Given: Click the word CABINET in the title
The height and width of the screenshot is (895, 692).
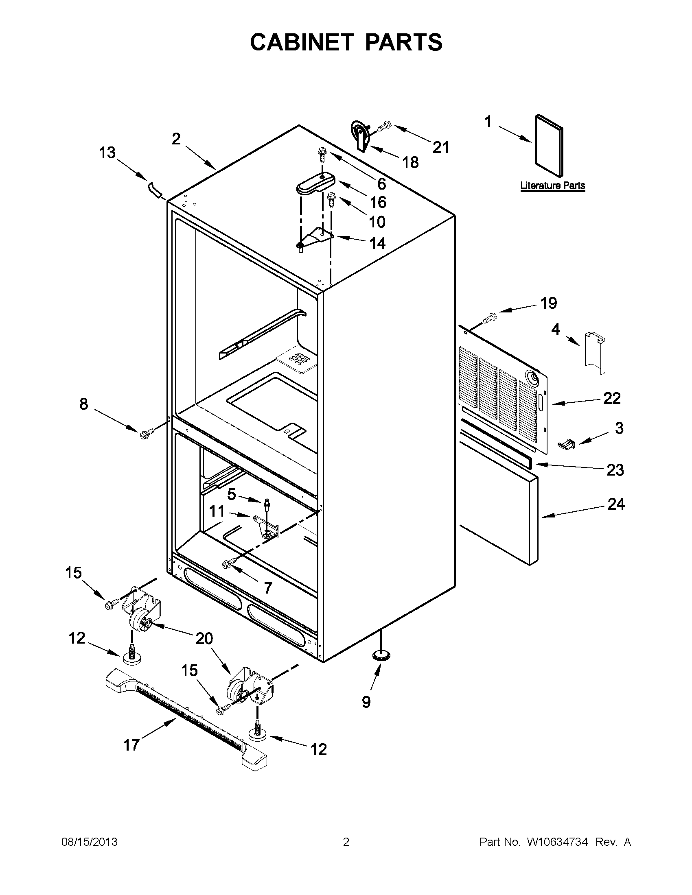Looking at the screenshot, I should point(302,42).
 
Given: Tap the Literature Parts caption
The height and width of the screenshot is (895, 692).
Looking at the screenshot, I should point(552,186).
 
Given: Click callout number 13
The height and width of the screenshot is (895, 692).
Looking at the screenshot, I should point(107,153).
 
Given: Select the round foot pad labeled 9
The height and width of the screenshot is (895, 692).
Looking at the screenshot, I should point(381,655).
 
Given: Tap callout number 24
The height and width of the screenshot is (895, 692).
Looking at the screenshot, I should point(616,504).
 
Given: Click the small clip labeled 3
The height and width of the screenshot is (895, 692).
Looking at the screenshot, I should point(566,443).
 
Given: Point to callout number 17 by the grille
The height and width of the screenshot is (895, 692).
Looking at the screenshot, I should point(131,744).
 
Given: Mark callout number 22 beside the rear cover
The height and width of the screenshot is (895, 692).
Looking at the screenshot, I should point(612,398).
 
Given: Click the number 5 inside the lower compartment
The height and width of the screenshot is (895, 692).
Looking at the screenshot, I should point(232,495).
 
